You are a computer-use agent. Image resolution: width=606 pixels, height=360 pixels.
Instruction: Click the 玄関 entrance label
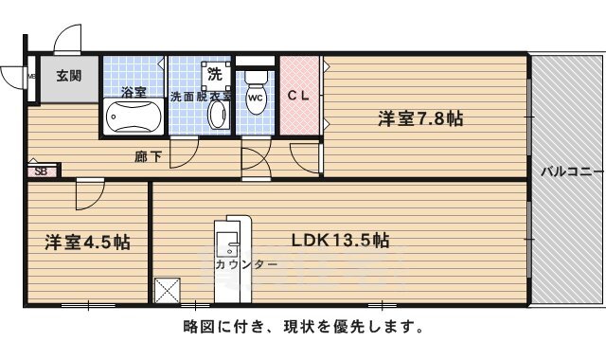66,77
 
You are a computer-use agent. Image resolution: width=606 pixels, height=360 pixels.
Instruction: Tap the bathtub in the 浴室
134,119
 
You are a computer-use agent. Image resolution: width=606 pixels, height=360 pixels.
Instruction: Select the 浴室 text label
134,93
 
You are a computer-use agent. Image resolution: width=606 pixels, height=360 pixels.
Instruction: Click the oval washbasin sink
216,116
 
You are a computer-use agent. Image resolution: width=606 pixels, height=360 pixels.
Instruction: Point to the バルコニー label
566,172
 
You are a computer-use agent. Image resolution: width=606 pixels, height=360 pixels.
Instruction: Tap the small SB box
41,171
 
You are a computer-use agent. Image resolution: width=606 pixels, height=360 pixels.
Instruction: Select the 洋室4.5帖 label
87,242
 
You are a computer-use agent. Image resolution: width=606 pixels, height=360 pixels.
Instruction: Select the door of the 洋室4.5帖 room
90,194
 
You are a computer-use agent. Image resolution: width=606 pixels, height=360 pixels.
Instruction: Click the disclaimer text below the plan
302,327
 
